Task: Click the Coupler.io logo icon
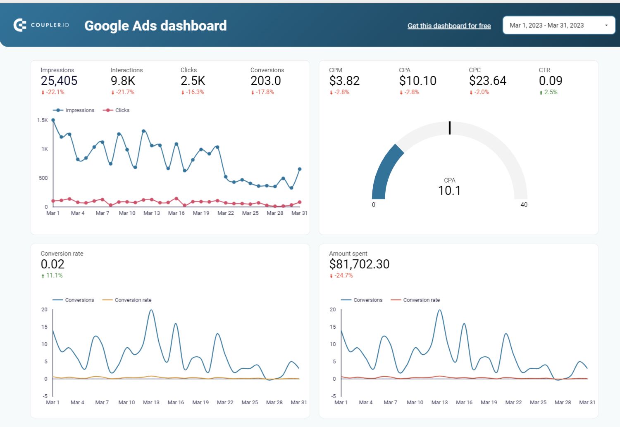[x=20, y=25]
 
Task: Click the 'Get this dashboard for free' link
[x=449, y=26]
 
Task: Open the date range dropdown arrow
[x=606, y=25]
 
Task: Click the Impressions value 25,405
[x=59, y=81]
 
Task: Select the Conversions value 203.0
[x=265, y=81]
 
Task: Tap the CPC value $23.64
[x=487, y=81]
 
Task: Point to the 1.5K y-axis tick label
[x=42, y=120]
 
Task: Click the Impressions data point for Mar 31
[x=300, y=169]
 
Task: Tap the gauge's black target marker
[x=450, y=128]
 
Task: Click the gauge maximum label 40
[x=524, y=205]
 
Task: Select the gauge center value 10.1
[x=449, y=191]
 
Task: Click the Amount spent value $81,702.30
[x=359, y=264]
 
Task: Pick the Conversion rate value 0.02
[x=52, y=264]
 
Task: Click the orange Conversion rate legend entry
[x=127, y=300]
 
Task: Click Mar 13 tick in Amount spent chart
[x=439, y=402]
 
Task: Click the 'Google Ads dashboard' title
[x=155, y=26]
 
